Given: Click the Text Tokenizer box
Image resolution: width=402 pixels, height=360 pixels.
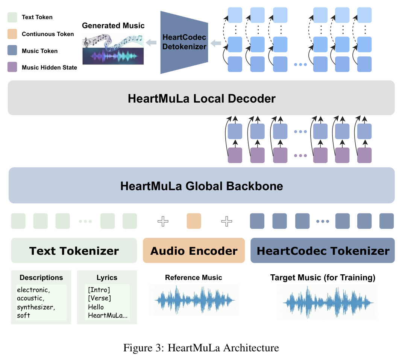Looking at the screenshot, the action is coord(74,250).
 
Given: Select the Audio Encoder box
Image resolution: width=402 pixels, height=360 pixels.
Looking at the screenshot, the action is coord(194,250).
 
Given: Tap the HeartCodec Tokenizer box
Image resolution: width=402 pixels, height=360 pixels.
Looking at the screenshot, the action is coord(323,250).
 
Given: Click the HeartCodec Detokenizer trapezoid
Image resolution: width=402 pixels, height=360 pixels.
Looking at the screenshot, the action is coord(184,42).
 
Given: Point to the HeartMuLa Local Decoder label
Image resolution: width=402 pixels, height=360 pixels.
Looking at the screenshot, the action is coord(202,99).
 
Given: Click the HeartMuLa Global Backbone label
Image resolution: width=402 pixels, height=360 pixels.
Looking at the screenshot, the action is coord(202,186).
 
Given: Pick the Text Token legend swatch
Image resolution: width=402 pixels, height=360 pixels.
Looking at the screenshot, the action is coord(12,17).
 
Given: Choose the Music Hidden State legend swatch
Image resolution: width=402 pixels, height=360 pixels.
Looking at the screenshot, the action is coord(12,67).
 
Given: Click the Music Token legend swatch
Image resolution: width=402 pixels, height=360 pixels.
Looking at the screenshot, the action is coord(12,50).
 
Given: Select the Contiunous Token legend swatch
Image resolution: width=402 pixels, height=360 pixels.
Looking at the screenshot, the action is coord(12,34).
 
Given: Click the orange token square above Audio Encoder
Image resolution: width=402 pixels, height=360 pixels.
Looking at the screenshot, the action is coord(194,221).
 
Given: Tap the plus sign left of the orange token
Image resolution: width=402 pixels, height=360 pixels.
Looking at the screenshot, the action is coord(163,221).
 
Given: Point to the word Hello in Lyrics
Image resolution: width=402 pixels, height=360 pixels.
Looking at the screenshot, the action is coord(96,307).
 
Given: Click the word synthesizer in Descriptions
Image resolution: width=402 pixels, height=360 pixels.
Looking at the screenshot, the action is coord(36,307).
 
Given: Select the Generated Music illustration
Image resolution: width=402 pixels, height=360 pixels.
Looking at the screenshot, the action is coord(113,49).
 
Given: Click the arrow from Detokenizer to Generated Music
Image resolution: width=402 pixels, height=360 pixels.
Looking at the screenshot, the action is coord(151,42).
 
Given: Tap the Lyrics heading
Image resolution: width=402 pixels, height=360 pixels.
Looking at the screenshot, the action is coord(107,278).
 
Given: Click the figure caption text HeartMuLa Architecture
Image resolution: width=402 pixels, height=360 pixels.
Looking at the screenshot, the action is coord(223,348).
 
